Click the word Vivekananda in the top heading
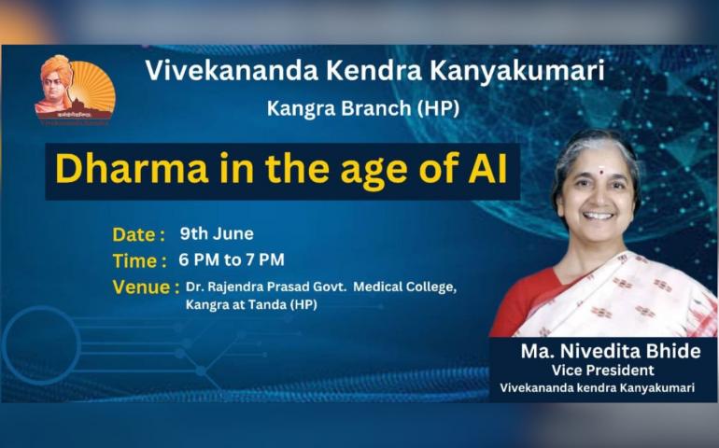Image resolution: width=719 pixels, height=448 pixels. coord(232,71)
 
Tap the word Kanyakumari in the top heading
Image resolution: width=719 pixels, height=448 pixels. coord(516,72)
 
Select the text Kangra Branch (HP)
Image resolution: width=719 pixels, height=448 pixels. coord(362,108)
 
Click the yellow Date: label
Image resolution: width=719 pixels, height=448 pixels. coord(138,234)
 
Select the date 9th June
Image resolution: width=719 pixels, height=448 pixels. coord(217,233)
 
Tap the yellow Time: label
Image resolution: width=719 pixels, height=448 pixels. coord(139,261)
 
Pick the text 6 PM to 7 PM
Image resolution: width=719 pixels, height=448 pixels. coord(232,260)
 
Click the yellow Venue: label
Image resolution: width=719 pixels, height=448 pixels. coord(146,287)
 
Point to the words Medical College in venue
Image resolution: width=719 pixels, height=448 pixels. coord(405,287)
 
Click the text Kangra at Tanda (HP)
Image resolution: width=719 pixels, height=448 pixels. coord(251,305)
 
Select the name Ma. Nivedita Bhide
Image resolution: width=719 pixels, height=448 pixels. coord(611,351)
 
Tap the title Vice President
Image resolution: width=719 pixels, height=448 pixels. coord(603,370)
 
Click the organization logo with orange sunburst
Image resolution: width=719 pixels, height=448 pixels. coord(76,90)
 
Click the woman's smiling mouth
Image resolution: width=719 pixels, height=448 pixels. coord(599,215)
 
